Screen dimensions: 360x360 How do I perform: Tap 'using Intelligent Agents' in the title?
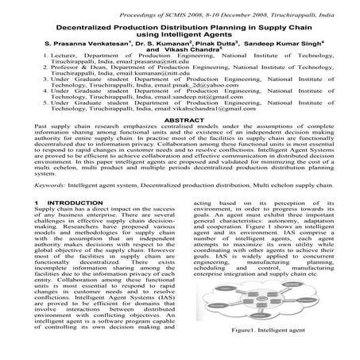(180, 37)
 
